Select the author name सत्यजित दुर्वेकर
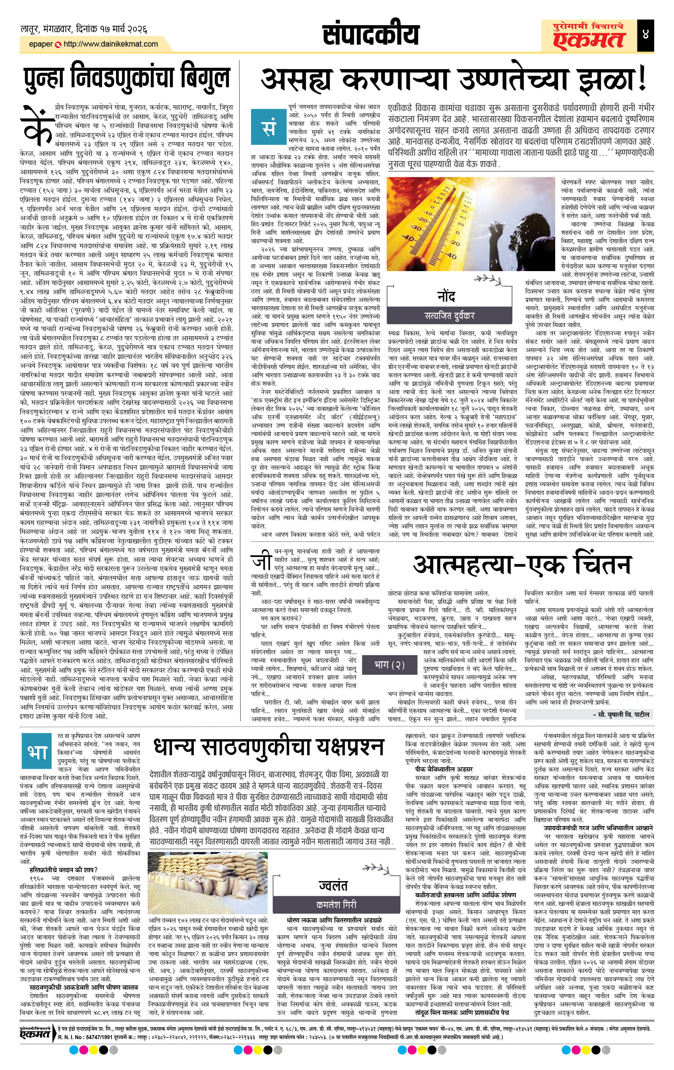tap(449, 315)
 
